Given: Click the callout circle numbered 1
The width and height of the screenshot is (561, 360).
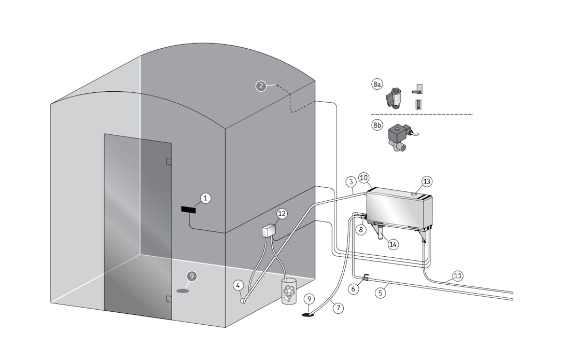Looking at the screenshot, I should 206,198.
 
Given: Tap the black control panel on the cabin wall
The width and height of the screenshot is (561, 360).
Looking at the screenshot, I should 189,209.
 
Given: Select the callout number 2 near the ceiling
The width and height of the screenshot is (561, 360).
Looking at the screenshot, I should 261,86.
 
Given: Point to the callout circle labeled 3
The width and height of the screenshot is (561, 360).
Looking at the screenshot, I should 351,182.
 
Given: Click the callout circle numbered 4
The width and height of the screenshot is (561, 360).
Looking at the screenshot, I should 238,285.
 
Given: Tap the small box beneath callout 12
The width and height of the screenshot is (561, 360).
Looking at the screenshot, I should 269,230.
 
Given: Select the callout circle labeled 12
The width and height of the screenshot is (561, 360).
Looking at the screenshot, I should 282,213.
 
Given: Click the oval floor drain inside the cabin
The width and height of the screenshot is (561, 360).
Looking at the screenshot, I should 183,290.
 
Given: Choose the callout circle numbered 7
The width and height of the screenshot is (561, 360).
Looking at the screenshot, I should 338,308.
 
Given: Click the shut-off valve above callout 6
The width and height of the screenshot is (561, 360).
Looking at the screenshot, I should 365,277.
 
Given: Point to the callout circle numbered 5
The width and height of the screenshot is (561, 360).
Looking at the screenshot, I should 381,293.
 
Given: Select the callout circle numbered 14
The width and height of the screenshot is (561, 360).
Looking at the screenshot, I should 394,244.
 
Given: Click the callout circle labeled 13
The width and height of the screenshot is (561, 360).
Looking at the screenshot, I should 427,181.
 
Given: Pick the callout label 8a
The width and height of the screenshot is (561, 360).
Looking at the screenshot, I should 377,84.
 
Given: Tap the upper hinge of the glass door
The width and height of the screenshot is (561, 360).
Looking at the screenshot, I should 169,161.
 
